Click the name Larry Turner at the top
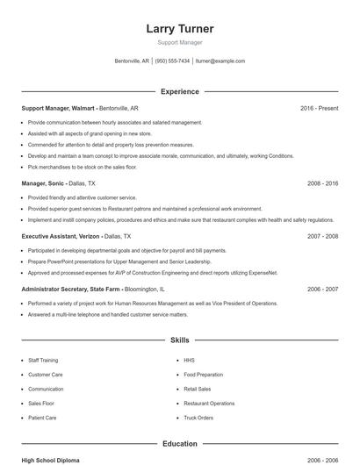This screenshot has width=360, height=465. pos(180,29)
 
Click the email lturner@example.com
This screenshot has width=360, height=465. pos(220,61)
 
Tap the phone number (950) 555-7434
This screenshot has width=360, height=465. pos(173,61)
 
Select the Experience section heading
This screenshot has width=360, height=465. pos(180,91)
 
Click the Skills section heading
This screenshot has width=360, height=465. pos(180,340)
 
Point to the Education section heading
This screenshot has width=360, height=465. pos(180,444)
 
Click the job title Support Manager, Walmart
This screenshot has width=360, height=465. pos(58,108)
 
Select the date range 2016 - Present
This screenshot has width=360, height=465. pos(319,108)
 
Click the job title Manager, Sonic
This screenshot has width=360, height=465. pos(43,183)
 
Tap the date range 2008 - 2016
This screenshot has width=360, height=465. pos(322,183)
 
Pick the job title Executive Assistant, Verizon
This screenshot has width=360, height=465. pos(61,236)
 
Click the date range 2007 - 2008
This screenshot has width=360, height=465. pos(322,236)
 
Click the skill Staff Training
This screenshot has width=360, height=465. pos(45,361)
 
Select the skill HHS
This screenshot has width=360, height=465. pos(189,361)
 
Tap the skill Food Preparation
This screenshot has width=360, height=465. pos(203,375)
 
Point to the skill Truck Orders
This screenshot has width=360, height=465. pos(198,418)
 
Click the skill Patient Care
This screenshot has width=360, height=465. pos(42,418)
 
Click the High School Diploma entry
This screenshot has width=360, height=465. pos(52,460)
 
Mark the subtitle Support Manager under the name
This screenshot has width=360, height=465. pos(180,43)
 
